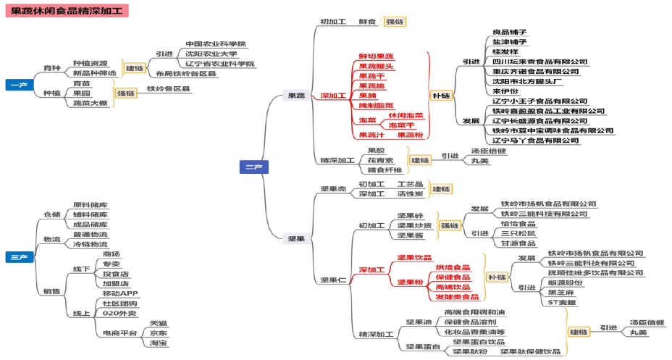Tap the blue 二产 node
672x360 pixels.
pyautogui.click(x=253, y=167)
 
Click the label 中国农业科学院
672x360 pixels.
pyautogui.click(x=215, y=43)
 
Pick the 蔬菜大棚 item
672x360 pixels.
pyautogui.click(x=91, y=103)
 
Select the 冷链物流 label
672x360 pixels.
pyautogui.click(x=91, y=244)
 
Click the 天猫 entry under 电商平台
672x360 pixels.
pyautogui.click(x=158, y=322)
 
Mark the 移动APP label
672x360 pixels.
pyautogui.click(x=120, y=293)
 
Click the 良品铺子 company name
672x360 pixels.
pyautogui.click(x=510, y=32)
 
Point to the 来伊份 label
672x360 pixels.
pyautogui.click(x=505, y=91)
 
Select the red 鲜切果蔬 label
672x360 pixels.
pyautogui.click(x=376, y=56)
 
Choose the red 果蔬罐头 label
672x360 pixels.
pyautogui.click(x=376, y=66)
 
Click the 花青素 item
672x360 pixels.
pyautogui.click(x=380, y=159)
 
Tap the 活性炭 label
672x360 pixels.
pyautogui.click(x=410, y=193)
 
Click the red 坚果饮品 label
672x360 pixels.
pyautogui.click(x=414, y=258)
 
